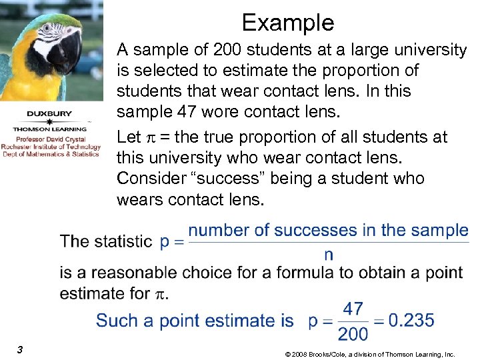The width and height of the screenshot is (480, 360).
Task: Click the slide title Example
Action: (287, 23)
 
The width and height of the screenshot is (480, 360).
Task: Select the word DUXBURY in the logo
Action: (50, 113)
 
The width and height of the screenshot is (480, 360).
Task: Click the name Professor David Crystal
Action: (50, 139)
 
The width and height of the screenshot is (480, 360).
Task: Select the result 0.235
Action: (411, 320)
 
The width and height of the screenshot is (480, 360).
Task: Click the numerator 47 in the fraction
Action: (353, 309)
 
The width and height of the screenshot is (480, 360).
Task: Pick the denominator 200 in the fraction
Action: (353, 333)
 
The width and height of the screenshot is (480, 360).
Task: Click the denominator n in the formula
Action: (328, 254)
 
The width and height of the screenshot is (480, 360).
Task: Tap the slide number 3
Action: (21, 349)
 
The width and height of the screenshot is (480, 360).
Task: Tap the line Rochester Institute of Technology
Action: (50, 147)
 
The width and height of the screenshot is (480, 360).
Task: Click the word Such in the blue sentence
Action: (117, 320)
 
